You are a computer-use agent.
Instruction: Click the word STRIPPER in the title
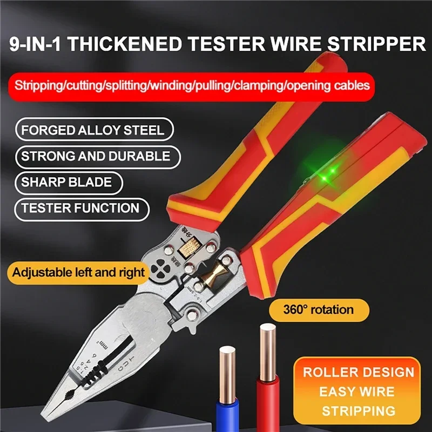(x=376, y=44)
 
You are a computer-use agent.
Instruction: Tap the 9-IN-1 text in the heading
(x=35, y=44)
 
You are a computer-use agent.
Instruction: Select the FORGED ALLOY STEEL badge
(x=94, y=130)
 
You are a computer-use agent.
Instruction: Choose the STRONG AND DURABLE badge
(x=98, y=156)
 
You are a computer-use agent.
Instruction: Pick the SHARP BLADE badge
(x=69, y=183)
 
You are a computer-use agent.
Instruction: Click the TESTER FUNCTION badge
(x=82, y=208)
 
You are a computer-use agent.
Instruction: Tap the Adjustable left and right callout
(x=78, y=273)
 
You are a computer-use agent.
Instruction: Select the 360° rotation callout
(x=319, y=310)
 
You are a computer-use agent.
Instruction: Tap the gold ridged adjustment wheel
(x=189, y=247)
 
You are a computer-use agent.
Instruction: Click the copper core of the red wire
(x=267, y=353)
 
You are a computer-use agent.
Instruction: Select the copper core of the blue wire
(x=227, y=375)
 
